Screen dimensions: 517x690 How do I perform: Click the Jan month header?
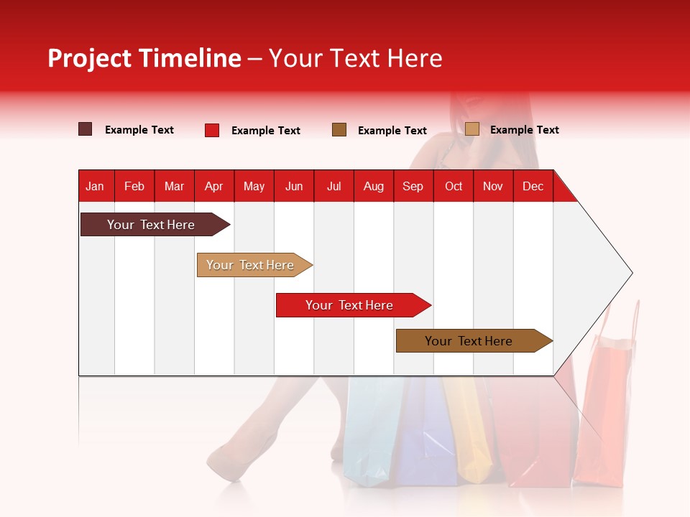96,186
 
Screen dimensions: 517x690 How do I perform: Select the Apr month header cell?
214,186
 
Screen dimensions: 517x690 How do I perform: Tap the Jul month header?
334,186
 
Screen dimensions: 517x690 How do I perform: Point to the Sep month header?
413,186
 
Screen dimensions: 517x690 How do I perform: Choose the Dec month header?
533,186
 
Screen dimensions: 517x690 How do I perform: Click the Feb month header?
134,186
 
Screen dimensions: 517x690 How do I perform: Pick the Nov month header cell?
493,186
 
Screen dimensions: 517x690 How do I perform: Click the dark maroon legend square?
86,129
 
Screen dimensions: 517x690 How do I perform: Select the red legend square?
212,130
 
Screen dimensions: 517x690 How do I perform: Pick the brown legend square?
339,130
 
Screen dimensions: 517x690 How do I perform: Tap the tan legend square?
471,129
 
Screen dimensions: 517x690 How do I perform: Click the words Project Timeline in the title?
144,58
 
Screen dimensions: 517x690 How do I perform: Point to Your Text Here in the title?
355,58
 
